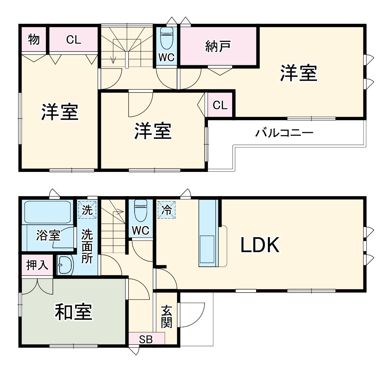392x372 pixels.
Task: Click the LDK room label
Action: pos(260,245)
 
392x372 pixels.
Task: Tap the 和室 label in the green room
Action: pos(73,312)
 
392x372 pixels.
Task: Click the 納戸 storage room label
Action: pos(218,46)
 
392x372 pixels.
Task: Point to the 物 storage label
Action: pos(34,39)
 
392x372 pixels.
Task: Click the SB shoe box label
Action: pos(146,339)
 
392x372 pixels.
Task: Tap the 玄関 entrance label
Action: pos(167,316)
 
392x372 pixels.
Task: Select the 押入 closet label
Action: pos(37,265)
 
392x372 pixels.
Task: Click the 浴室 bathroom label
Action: pos(48,235)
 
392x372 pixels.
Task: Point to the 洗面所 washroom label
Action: pos(87,246)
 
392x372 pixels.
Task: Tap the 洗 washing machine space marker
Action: pos(87,210)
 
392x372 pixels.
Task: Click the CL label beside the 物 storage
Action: pos(74,40)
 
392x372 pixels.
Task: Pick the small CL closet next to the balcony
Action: pos(220,105)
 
